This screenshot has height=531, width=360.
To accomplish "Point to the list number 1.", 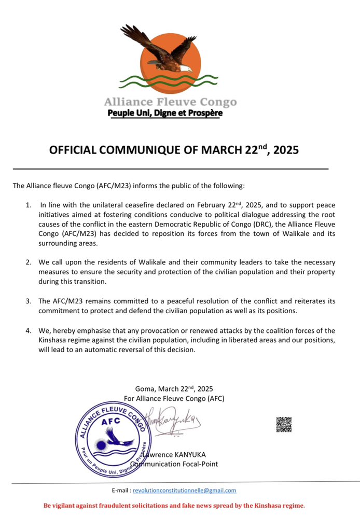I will [29, 206].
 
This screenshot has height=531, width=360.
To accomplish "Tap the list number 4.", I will [29, 330].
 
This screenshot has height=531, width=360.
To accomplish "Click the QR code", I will [284, 424].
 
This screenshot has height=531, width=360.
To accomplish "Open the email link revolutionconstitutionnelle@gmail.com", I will [184, 490].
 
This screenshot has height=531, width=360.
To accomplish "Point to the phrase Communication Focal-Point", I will [176, 464].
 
